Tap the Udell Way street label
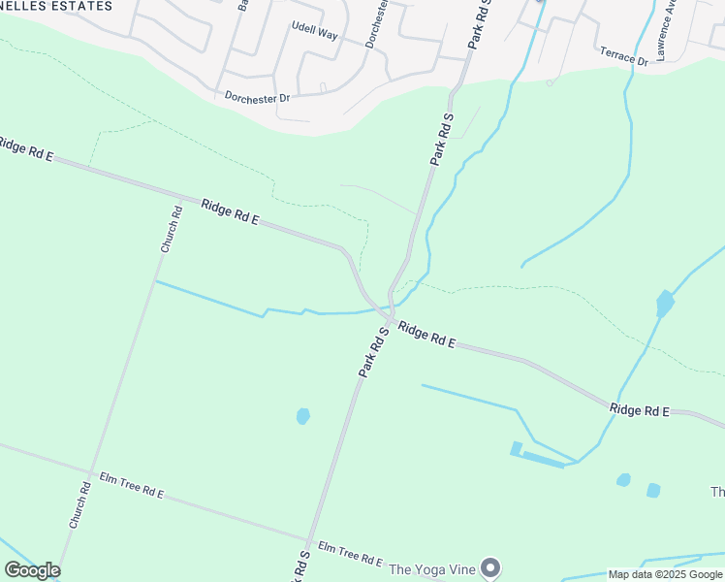[x=314, y=33]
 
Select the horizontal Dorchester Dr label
[x=257, y=98]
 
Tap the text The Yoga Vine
[x=432, y=568]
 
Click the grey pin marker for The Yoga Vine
[x=491, y=567]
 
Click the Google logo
[x=32, y=570]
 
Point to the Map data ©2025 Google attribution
[x=665, y=574]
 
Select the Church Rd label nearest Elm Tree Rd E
[x=79, y=505]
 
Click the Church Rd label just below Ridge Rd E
[x=172, y=230]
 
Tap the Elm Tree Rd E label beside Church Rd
[x=132, y=485]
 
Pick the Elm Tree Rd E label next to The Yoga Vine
[x=350, y=554]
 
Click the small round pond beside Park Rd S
[x=302, y=416]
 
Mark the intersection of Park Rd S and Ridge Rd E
[x=390, y=319]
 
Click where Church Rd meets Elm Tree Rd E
[x=92, y=473]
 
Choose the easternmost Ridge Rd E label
[x=640, y=410]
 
